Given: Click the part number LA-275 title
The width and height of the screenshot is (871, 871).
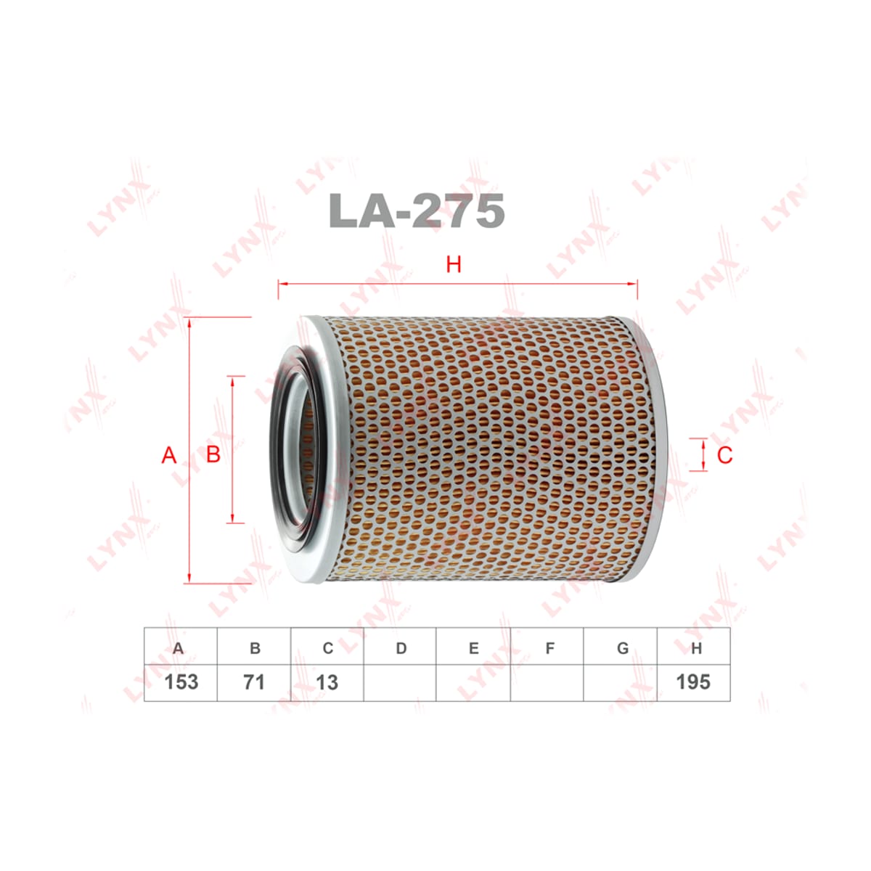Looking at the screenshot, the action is point(417,210).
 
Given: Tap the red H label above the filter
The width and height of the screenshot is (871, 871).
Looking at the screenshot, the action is point(454,264).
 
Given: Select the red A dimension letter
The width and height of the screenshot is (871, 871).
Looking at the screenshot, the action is point(168,454).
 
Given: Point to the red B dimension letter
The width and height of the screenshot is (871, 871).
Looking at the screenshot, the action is point(213,454).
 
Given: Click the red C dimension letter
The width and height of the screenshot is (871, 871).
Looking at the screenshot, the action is point(724,454).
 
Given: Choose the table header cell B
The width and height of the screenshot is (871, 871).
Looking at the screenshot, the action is point(254,647).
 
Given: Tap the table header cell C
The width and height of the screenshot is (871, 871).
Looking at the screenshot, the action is point(327,647).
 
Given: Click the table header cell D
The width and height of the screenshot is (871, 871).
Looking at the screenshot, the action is point(400,647).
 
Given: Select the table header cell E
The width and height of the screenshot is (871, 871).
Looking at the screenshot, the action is point(473,647).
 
